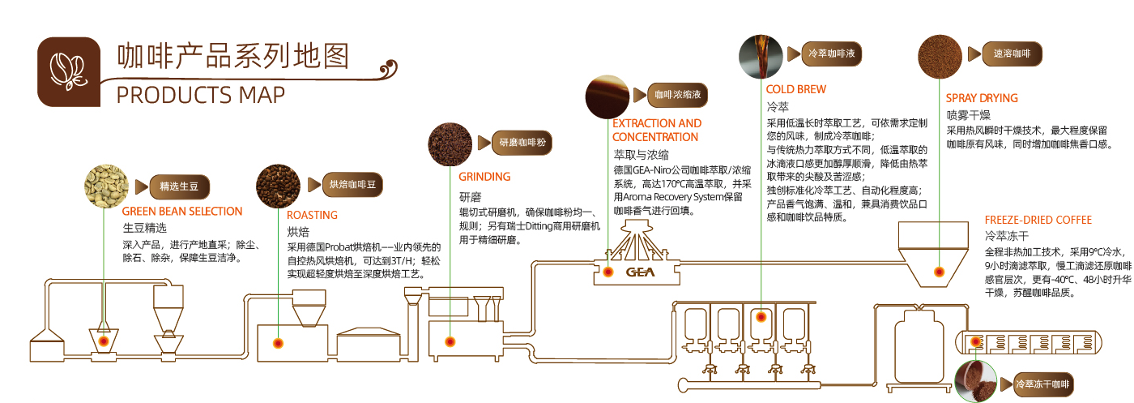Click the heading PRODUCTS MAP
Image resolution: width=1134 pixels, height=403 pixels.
[201, 95]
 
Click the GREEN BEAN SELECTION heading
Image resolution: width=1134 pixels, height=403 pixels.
[182, 212]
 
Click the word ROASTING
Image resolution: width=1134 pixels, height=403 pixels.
[312, 215]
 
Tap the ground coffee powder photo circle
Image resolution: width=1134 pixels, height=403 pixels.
[450, 144]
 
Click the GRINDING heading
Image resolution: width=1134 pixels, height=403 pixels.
[484, 177]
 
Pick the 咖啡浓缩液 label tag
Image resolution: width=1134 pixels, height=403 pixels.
[681, 95]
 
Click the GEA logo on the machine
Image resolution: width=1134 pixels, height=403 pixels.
[640, 272]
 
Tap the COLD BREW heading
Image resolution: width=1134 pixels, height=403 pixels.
[796, 89]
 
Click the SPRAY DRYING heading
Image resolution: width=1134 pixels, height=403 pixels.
[982, 98]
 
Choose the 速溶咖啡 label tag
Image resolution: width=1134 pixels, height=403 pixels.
[1012, 54]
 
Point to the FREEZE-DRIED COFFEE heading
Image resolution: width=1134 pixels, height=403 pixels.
[1038, 220]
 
